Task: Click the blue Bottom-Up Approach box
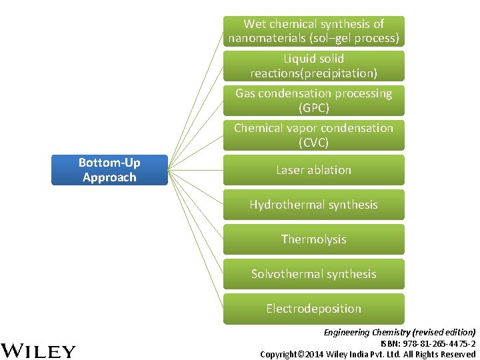(x=109, y=170)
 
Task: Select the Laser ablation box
(x=313, y=170)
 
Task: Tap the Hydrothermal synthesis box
(x=313, y=205)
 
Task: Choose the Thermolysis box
(x=313, y=239)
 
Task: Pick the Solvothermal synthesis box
(x=313, y=274)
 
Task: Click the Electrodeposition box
(x=313, y=309)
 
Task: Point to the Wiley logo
(x=38, y=351)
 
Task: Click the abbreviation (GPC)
(x=314, y=108)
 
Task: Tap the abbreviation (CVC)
(x=314, y=143)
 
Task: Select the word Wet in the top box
(x=255, y=24)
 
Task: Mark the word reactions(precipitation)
(x=313, y=73)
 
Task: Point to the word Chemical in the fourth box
(x=259, y=128)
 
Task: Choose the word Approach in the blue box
(x=109, y=177)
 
